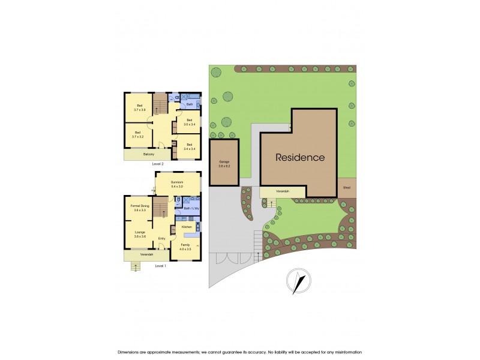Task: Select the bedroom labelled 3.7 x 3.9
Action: point(138,107)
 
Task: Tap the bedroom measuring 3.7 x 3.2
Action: point(138,134)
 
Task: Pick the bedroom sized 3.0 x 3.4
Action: point(189,122)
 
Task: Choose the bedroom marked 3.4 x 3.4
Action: point(189,146)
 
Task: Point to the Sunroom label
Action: point(176,183)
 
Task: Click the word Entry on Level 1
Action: point(161,239)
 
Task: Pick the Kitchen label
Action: point(187,227)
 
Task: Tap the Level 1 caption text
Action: point(160,265)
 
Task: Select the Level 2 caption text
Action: point(158,163)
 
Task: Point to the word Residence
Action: point(300,158)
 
